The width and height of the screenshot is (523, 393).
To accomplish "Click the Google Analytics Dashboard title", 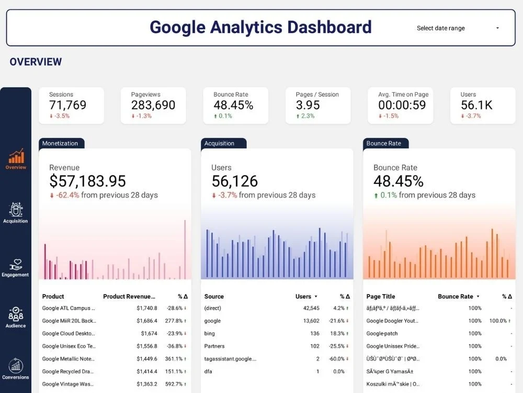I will pyautogui.click(x=260, y=27).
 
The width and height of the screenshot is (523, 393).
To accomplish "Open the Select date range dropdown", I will pyautogui.click(x=458, y=28).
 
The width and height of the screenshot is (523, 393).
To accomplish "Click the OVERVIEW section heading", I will pyautogui.click(x=36, y=62).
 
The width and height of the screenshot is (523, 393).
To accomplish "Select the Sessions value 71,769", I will pyautogui.click(x=67, y=105).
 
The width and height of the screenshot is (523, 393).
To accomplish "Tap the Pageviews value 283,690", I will pyautogui.click(x=153, y=105).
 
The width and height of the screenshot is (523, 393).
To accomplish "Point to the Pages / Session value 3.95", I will pyautogui.click(x=308, y=105).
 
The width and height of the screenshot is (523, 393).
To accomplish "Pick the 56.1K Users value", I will pyautogui.click(x=476, y=105).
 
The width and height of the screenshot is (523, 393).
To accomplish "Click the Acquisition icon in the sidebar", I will pyautogui.click(x=16, y=210).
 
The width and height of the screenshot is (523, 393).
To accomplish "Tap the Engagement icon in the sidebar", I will pyautogui.click(x=16, y=265).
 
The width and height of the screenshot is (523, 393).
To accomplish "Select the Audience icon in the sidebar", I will pyautogui.click(x=16, y=315).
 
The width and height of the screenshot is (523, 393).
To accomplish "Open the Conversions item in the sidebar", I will pyautogui.click(x=16, y=366).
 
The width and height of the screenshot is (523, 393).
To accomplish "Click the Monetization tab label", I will pyautogui.click(x=60, y=144).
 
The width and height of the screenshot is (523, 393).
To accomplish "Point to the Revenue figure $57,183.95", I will pyautogui.click(x=87, y=181).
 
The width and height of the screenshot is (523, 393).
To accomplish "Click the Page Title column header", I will pyautogui.click(x=381, y=297).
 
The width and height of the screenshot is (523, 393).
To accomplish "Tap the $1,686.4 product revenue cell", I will pyautogui.click(x=146, y=321).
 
